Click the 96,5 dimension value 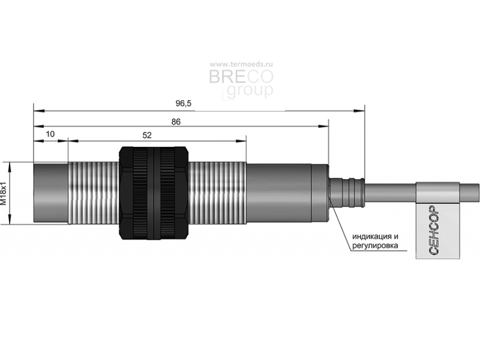tap(184, 103)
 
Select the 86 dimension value tap(176, 122)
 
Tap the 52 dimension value tap(147, 136)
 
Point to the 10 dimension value tap(50, 134)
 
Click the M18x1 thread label tap(4, 193)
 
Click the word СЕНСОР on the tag tap(434, 230)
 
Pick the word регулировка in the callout tap(375, 245)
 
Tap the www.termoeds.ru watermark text tap(241, 64)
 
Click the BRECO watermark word tap(241, 77)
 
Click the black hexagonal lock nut tap(154, 193)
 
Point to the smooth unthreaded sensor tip tap(51, 193)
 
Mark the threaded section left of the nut tap(94, 193)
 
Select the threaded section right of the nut tap(217, 193)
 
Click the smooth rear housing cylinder tap(287, 193)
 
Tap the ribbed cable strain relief tap(347, 193)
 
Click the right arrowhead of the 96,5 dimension tap(359, 110)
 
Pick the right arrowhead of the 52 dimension tap(241, 141)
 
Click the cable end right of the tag tap(469, 193)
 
